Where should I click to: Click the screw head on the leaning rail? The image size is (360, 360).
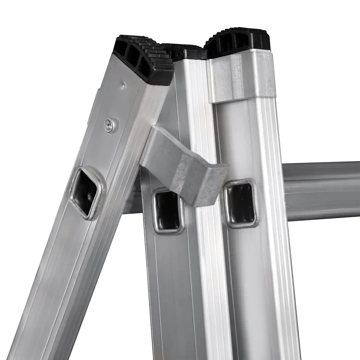pyautogui.click(x=109, y=125)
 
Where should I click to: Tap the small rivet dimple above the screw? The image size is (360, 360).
pyautogui.click(x=123, y=85)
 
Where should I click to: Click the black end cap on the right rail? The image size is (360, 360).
pyautogui.click(x=239, y=40)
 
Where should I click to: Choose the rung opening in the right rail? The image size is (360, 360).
pyautogui.click(x=240, y=203)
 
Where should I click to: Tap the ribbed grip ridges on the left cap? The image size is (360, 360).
pyautogui.click(x=158, y=58)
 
